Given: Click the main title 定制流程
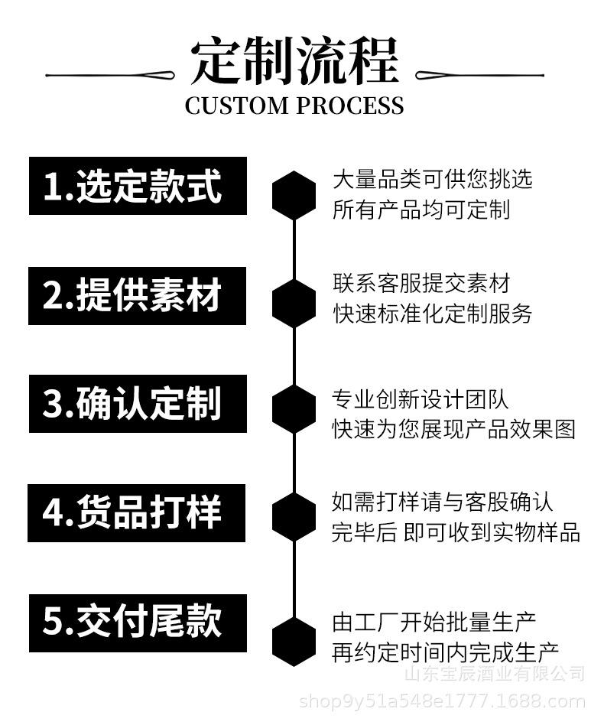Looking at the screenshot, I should click(x=294, y=60).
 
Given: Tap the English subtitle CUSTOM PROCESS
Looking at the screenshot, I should click(x=294, y=106).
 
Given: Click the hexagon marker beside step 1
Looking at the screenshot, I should click(x=294, y=196).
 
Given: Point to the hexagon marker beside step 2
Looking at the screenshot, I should click(x=294, y=303).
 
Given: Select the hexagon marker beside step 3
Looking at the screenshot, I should click(x=294, y=409).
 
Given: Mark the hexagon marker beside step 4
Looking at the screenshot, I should click(x=294, y=517).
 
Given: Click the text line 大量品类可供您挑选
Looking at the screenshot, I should click(x=432, y=180).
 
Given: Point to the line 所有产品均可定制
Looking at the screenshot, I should click(x=421, y=210).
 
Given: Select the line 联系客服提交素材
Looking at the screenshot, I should click(x=421, y=284).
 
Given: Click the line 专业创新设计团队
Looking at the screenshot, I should click(x=421, y=398).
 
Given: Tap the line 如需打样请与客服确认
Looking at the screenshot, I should click(x=442, y=502).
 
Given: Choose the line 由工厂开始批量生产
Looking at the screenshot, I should click(x=434, y=622).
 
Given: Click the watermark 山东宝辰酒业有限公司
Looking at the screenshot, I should click(x=493, y=674).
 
